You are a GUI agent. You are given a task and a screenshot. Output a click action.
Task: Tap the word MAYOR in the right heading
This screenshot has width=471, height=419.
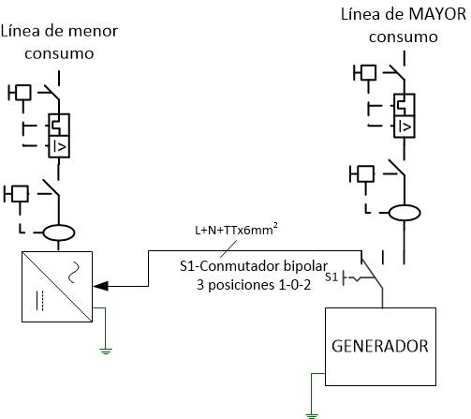(x=437, y=14)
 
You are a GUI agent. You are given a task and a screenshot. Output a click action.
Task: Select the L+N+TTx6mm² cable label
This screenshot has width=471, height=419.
(x=236, y=230)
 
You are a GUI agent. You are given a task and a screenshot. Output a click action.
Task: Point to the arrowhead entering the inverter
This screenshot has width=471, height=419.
(x=100, y=286)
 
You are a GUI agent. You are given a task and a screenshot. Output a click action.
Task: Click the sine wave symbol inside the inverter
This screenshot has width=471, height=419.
(x=74, y=273)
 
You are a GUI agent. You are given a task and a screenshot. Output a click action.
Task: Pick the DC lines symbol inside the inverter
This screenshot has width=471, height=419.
(x=39, y=301)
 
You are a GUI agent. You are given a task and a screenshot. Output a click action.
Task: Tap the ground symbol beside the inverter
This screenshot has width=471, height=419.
(x=106, y=351)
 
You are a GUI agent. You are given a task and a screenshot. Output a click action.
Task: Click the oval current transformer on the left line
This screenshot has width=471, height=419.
(x=59, y=232)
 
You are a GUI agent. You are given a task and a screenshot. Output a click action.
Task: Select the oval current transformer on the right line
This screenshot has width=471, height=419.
(x=405, y=213)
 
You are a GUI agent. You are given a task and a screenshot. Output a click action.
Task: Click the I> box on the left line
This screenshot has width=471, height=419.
(x=59, y=146)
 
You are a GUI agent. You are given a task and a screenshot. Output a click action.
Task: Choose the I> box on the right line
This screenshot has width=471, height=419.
(x=405, y=127)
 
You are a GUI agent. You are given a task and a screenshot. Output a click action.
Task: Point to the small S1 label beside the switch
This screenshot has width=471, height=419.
(x=331, y=277)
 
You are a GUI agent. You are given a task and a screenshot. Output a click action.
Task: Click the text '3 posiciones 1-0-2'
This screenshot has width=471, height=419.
(x=254, y=285)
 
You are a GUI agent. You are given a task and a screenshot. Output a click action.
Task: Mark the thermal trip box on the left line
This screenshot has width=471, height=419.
(x=59, y=125)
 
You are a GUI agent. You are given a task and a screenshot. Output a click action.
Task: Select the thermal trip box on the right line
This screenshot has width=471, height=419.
(x=405, y=105)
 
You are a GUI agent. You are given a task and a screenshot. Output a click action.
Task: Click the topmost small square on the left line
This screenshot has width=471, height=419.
(x=23, y=93)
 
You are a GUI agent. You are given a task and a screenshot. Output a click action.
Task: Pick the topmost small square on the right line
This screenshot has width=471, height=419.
(x=368, y=72)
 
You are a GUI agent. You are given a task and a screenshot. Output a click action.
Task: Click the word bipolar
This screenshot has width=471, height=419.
(x=305, y=266)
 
